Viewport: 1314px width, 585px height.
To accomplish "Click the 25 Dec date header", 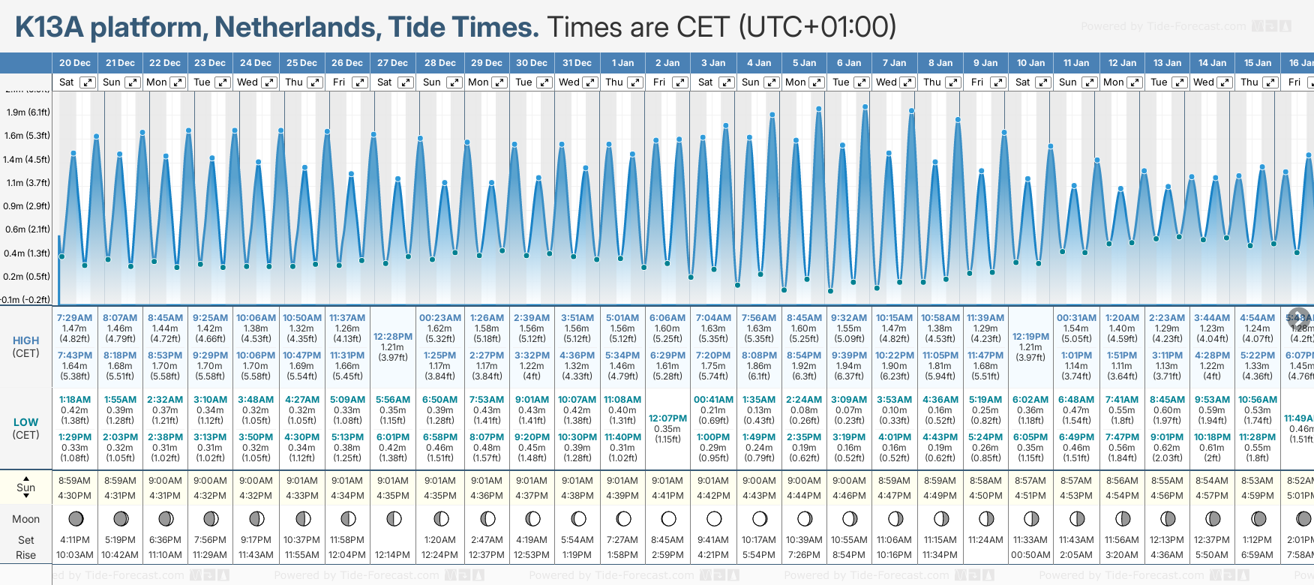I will (x=301, y=63).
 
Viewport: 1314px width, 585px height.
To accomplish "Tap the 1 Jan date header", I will (x=622, y=63).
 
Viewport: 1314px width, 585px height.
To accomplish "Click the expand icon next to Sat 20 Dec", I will (x=88, y=82).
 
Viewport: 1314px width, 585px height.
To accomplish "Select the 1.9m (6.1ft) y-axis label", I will (x=28, y=112).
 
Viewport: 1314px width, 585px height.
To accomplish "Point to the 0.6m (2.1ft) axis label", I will (x=28, y=229).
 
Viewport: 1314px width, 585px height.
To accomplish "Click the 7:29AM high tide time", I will (x=74, y=318).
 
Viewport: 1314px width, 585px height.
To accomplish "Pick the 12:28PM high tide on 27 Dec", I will (x=393, y=337).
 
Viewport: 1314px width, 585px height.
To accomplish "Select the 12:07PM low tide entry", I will (x=667, y=418).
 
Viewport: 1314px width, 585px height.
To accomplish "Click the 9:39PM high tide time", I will (x=849, y=355).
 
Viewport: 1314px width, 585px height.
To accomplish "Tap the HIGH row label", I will (x=26, y=340).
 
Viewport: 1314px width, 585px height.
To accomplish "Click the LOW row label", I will (x=26, y=422).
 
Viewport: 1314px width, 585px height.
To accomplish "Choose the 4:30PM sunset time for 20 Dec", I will (x=74, y=496).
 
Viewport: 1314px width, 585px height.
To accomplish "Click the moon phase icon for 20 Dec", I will (x=75, y=518).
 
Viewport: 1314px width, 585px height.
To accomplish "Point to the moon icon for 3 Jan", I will (x=713, y=518).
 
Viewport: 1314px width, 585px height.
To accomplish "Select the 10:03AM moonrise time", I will (x=74, y=555).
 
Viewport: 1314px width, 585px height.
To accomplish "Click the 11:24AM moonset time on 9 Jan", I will (x=985, y=540).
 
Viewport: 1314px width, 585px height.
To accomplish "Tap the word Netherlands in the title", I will (x=293, y=28).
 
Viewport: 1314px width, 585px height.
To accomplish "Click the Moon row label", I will (x=26, y=519).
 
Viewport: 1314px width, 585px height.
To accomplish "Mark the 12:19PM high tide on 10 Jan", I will (x=1030, y=337).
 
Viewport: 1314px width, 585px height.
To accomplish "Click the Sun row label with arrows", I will (x=26, y=487).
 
